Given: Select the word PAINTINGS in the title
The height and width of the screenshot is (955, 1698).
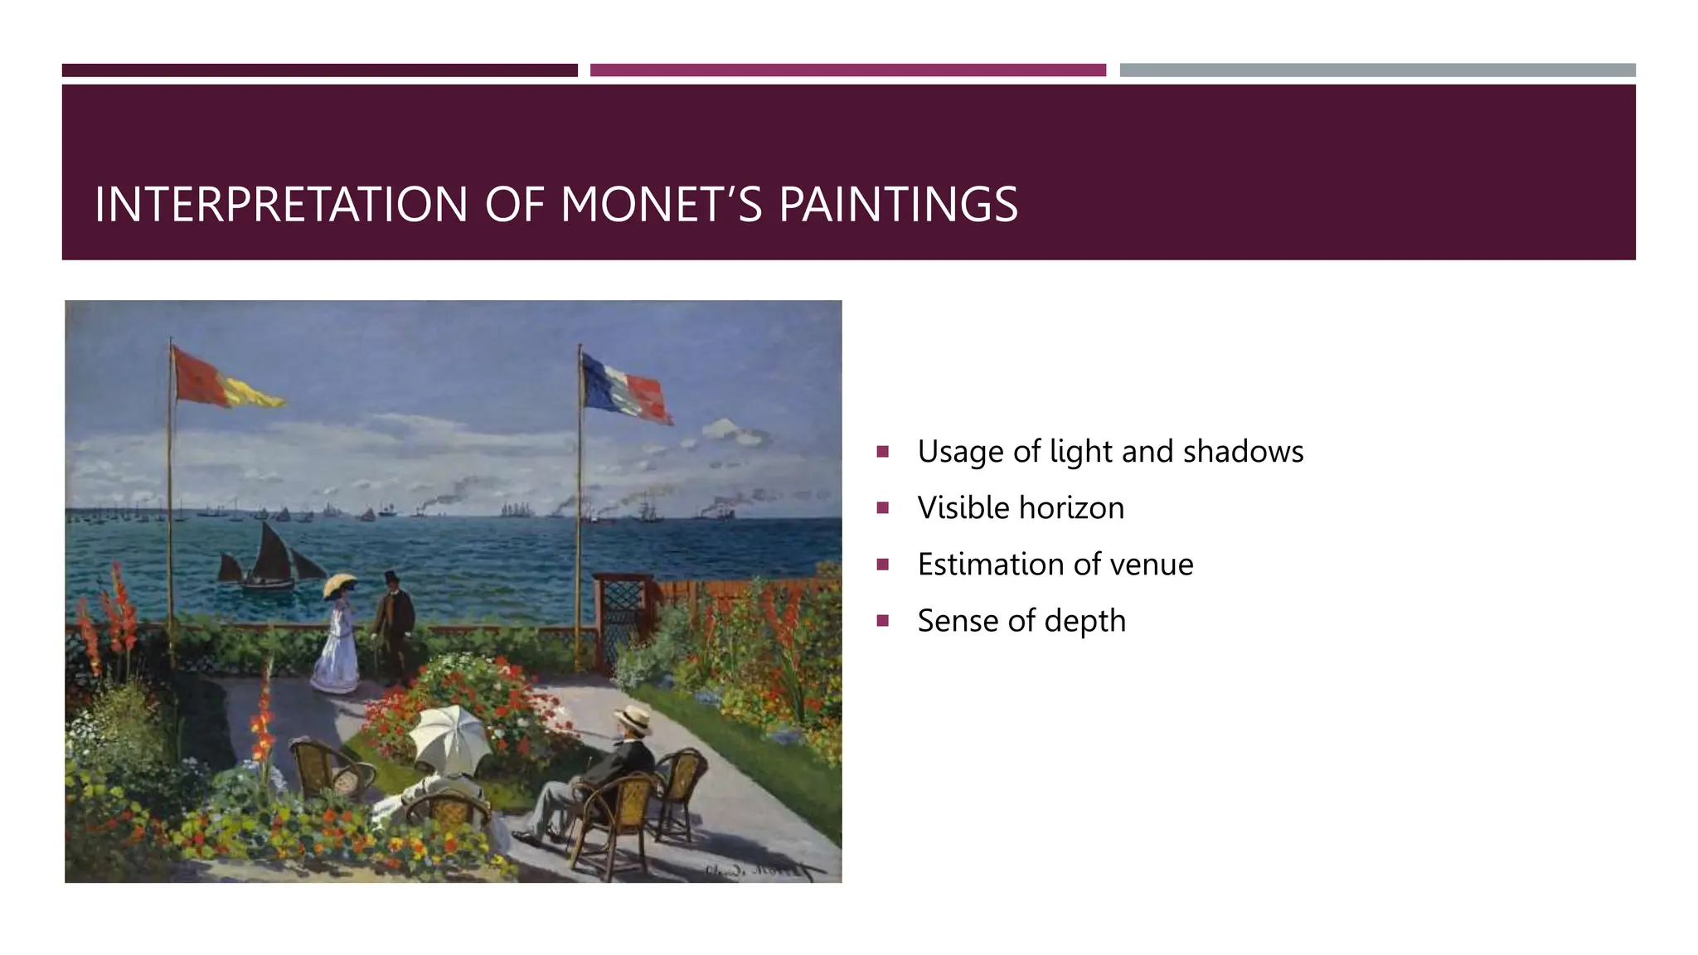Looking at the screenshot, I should (x=898, y=205).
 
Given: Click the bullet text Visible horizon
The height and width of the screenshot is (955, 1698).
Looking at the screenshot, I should (x=1021, y=508).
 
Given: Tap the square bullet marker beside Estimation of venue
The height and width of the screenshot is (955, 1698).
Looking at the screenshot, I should (x=883, y=565).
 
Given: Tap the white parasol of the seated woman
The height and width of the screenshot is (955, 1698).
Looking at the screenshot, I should (x=451, y=735).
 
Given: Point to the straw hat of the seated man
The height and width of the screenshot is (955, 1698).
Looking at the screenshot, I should (x=634, y=718).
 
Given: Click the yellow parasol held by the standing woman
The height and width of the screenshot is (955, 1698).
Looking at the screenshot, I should (x=340, y=584).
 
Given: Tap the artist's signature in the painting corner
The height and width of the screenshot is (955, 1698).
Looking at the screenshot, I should (x=754, y=870).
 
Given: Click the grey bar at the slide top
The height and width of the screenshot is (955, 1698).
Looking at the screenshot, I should (x=1376, y=70).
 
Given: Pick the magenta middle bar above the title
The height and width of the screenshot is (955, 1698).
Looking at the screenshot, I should (x=847, y=70).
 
